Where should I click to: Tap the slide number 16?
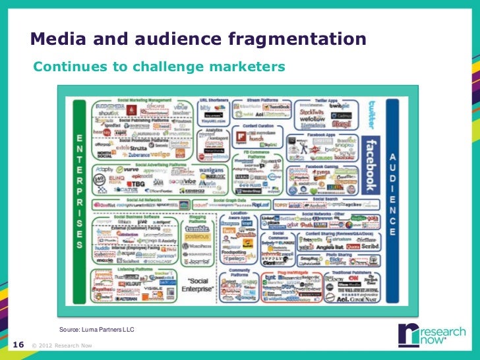pyautogui.click(x=18, y=344)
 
